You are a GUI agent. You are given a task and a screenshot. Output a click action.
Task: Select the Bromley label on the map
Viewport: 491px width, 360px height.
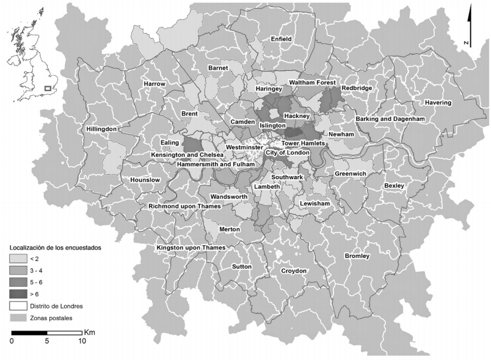coord(357,256)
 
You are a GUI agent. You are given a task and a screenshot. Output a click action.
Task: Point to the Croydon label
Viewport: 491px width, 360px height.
coord(293,271)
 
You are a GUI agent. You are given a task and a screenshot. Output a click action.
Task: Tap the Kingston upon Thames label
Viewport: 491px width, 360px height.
coord(191,248)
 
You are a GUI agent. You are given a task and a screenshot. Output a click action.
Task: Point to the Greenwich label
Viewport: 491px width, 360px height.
coord(350,174)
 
